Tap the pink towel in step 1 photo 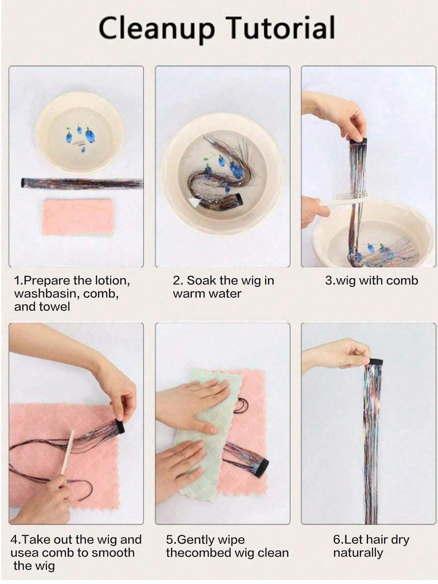pos(78,217)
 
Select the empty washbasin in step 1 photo pos(79,133)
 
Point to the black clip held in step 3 pos(358,142)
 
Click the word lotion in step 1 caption pos(112,280)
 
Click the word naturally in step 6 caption pos(358,553)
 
